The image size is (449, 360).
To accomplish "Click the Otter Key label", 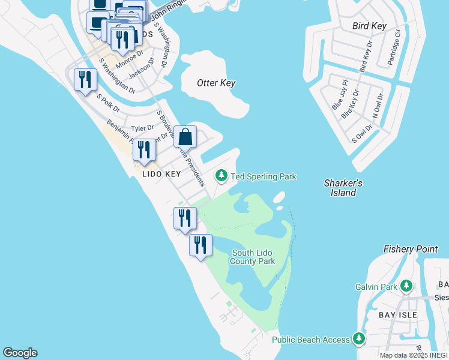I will pyautogui.click(x=216, y=83).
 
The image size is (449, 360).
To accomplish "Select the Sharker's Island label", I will pyautogui.click(x=343, y=188).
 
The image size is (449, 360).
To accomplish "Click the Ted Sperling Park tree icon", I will pyautogui.click(x=221, y=175).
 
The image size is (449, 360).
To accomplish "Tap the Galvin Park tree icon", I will pyautogui.click(x=406, y=286).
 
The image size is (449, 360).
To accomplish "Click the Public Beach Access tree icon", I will pyautogui.click(x=359, y=339).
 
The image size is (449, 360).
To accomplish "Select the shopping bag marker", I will pyautogui.click(x=186, y=137).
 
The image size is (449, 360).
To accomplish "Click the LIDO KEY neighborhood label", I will pyautogui.click(x=161, y=174).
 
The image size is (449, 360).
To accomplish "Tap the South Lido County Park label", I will pyautogui.click(x=253, y=257).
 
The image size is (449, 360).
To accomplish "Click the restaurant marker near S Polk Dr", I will pyautogui.click(x=85, y=80).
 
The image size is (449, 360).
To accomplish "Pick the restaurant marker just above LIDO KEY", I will pyautogui.click(x=144, y=150).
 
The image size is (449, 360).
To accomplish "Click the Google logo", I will pyautogui.click(x=20, y=353).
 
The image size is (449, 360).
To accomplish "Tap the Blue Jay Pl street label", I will pyautogui.click(x=340, y=96).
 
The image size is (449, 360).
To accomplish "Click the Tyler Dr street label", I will pyautogui.click(x=142, y=128).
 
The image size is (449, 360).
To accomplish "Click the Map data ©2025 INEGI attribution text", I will pyautogui.click(x=413, y=355).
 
